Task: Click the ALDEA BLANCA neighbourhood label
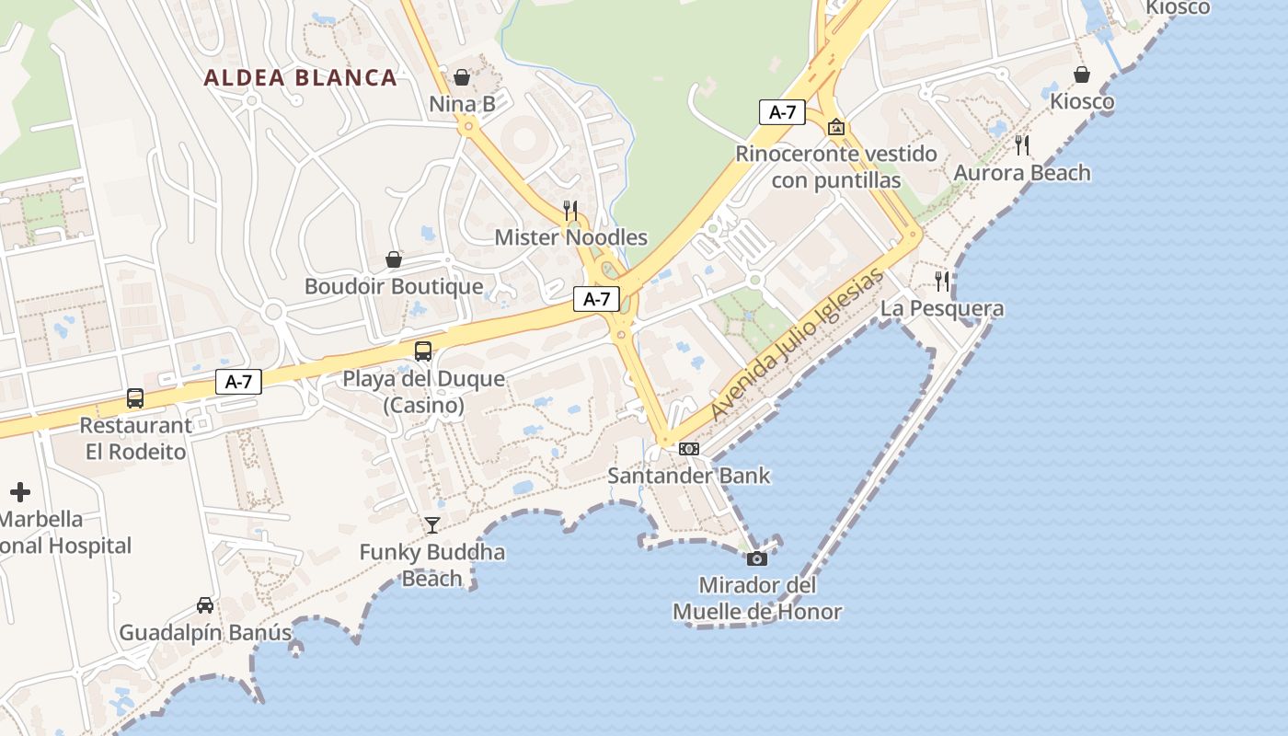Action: (x=300, y=78)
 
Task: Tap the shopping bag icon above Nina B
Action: (x=462, y=77)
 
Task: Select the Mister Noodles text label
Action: (x=570, y=237)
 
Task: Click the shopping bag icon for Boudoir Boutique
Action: (x=394, y=259)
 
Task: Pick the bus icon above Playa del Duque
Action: (x=423, y=351)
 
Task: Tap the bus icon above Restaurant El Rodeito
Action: (x=135, y=398)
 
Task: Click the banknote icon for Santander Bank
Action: (x=688, y=449)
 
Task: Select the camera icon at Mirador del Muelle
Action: (x=757, y=558)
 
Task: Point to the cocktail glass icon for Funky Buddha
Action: (x=432, y=524)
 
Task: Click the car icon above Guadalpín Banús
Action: (x=205, y=605)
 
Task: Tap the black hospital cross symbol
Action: (x=20, y=492)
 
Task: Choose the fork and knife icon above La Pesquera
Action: (x=942, y=281)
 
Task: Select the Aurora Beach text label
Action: (x=1021, y=173)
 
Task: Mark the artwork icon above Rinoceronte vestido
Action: (x=836, y=127)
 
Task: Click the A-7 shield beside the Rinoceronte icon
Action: (x=782, y=112)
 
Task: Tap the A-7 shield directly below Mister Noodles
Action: (x=597, y=299)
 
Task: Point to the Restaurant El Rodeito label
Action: (x=136, y=439)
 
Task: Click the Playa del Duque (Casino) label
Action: (x=423, y=392)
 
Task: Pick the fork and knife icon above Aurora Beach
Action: (x=1022, y=144)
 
